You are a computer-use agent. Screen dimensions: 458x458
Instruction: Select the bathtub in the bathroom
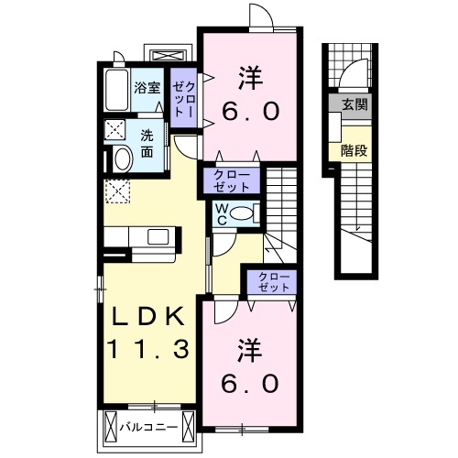115,90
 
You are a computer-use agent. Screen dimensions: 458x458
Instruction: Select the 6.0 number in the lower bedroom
247,383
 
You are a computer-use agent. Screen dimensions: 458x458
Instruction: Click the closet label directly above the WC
232,180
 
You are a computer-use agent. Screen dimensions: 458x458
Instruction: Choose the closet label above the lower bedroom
270,280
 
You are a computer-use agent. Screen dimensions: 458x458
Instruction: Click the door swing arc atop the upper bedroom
262,16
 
